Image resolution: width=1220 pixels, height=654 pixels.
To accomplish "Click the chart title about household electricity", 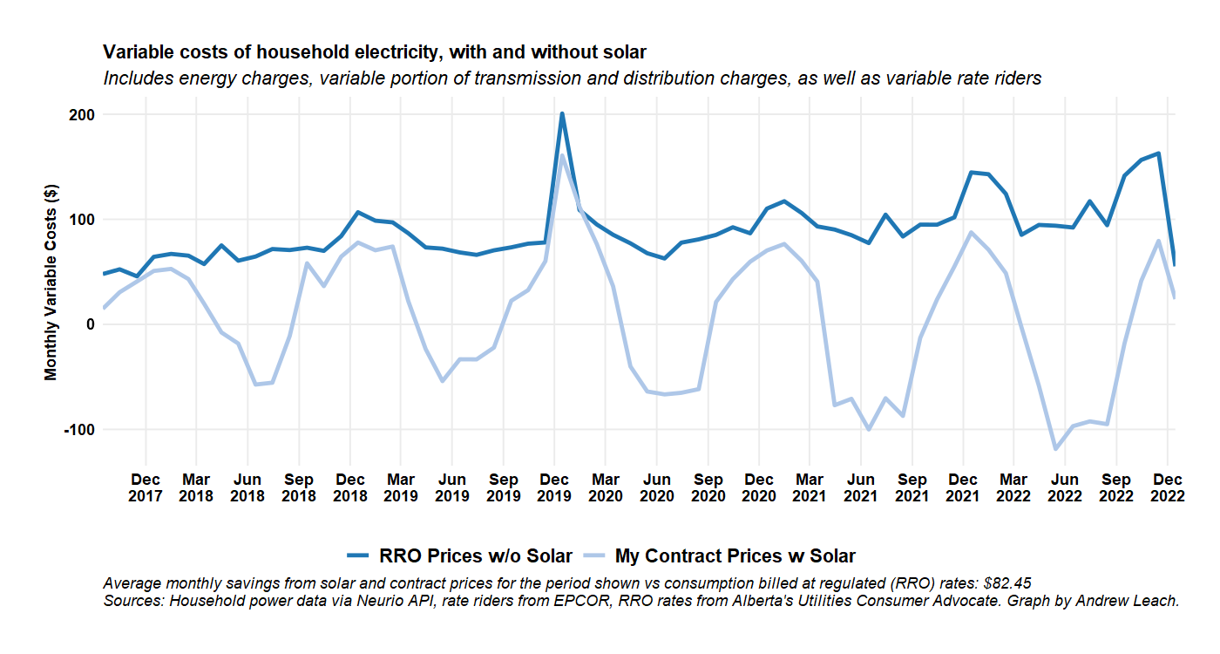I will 375,52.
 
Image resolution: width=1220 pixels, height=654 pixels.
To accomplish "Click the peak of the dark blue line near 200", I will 562,113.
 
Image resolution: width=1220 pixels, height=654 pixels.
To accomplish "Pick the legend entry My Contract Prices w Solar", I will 735,555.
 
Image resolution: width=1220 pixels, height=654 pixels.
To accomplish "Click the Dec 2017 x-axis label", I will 146,487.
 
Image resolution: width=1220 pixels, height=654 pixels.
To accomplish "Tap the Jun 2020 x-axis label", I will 656,487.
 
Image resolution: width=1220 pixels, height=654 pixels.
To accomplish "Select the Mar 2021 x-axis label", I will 810,487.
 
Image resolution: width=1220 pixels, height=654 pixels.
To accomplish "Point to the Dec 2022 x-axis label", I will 1167,487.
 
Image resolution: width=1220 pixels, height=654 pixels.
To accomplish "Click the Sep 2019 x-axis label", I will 503,487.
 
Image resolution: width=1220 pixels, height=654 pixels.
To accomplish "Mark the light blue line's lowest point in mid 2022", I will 1056,449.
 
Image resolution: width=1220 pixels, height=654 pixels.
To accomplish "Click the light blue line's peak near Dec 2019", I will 562,155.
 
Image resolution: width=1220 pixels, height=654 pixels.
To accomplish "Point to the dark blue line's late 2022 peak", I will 1158,153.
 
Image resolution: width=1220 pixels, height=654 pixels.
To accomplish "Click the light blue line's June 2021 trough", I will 869,429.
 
